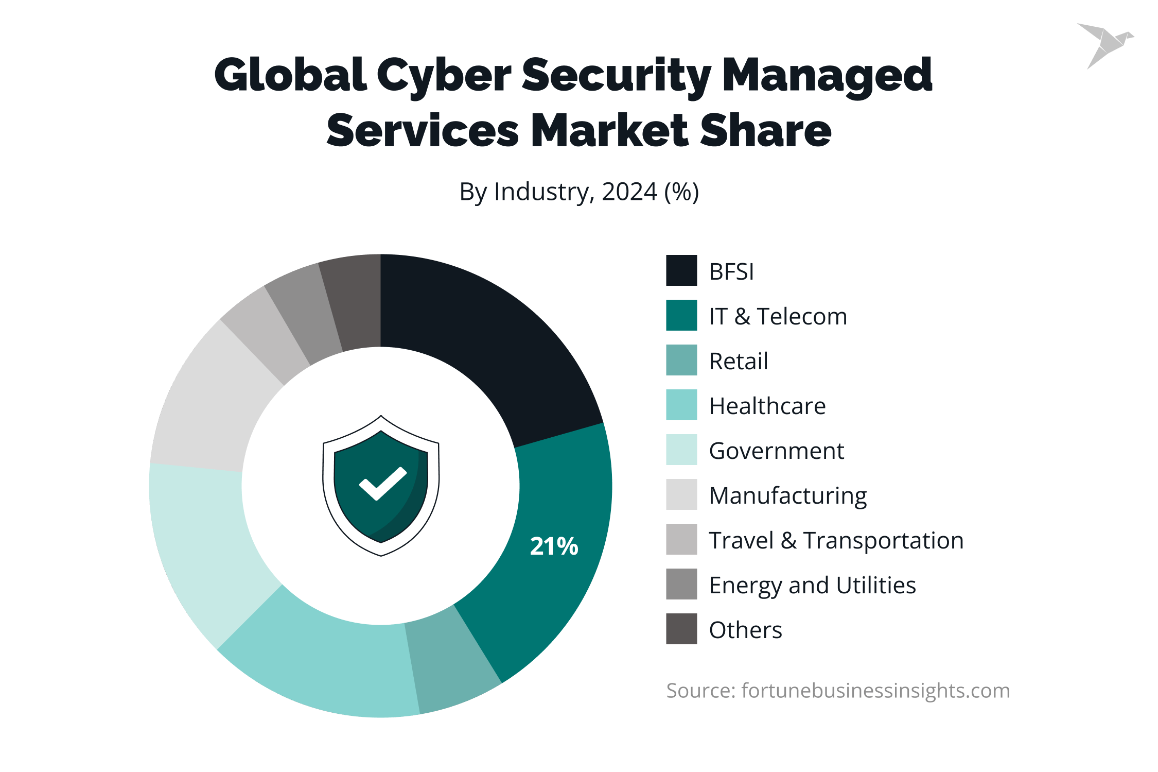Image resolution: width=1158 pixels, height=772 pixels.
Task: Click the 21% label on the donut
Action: [x=554, y=546]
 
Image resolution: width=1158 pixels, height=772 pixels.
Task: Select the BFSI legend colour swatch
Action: [x=681, y=270]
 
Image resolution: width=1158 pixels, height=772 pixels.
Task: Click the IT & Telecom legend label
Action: [x=778, y=316]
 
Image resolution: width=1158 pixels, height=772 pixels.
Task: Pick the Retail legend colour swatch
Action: [x=681, y=360]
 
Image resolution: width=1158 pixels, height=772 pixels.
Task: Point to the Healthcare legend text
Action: [x=767, y=406]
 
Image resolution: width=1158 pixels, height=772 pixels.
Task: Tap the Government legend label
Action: [x=776, y=451]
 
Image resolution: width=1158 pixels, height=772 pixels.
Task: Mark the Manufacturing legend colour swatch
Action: [x=681, y=494]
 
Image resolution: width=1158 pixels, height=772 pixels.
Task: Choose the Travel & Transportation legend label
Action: [x=836, y=540]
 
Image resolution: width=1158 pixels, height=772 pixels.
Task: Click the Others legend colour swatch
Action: [x=681, y=629]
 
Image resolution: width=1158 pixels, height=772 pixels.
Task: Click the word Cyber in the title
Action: [x=444, y=76]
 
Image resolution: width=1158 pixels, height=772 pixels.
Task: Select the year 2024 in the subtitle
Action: [x=629, y=192]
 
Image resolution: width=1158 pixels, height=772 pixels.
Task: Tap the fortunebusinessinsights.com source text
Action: [x=875, y=691]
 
